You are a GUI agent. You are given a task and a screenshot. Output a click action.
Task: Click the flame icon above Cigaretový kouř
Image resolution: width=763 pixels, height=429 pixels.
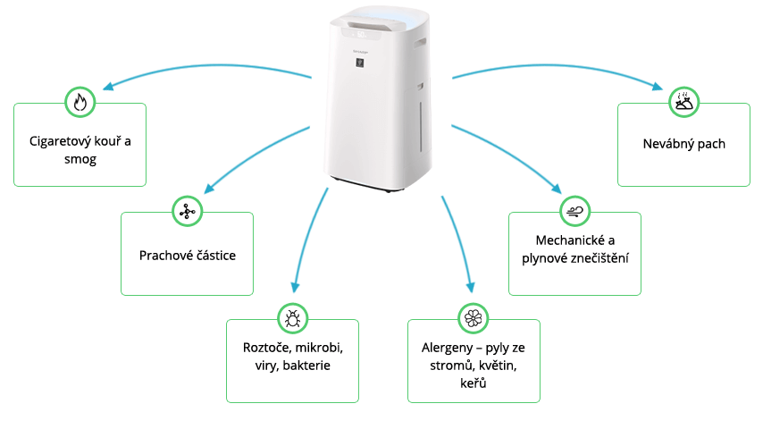80,102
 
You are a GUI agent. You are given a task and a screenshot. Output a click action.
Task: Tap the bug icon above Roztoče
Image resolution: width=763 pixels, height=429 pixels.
292,318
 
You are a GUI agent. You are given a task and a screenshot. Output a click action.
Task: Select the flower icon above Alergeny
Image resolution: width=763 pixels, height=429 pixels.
473,318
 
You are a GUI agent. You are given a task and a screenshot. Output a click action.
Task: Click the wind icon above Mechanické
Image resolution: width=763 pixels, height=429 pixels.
574,212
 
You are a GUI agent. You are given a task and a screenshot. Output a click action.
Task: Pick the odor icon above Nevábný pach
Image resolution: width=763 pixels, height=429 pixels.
683,102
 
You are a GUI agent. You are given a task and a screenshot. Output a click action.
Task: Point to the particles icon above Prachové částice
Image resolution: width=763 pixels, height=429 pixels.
187,212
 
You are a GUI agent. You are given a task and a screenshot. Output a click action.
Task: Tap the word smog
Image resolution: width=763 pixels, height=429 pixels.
80,159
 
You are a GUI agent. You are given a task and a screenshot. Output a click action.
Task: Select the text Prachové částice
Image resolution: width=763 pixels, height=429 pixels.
187,255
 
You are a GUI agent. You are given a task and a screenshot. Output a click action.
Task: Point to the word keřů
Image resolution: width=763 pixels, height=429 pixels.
474,383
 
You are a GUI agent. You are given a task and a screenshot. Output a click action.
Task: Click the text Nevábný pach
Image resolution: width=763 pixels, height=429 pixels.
683,143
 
